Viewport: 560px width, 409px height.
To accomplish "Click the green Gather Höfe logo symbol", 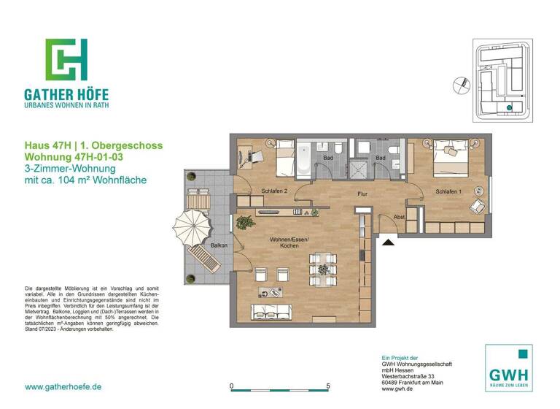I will [x=66, y=59].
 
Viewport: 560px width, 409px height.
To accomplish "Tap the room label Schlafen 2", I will [x=275, y=191].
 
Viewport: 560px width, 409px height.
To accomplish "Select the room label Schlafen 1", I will [x=449, y=191].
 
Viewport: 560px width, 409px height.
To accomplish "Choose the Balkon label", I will [x=218, y=246].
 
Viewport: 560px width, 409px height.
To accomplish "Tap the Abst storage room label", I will [x=399, y=217].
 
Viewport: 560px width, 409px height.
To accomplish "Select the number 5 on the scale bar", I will [x=328, y=386].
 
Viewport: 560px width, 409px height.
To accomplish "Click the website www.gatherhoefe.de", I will [x=63, y=386].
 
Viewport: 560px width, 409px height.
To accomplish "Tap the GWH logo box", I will [x=508, y=367].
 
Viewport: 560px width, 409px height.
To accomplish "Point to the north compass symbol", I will [x=460, y=84].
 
